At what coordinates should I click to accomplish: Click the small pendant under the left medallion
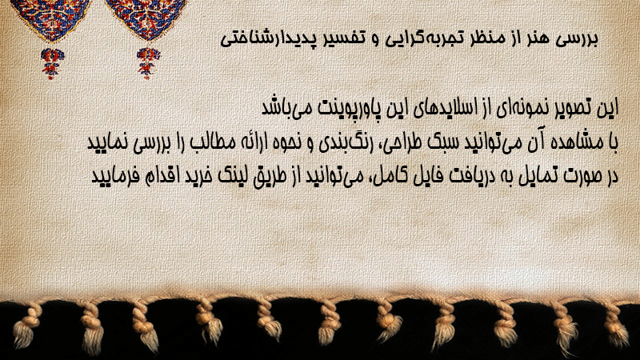click(x=52, y=62)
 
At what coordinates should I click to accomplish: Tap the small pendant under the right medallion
click(x=148, y=62)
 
